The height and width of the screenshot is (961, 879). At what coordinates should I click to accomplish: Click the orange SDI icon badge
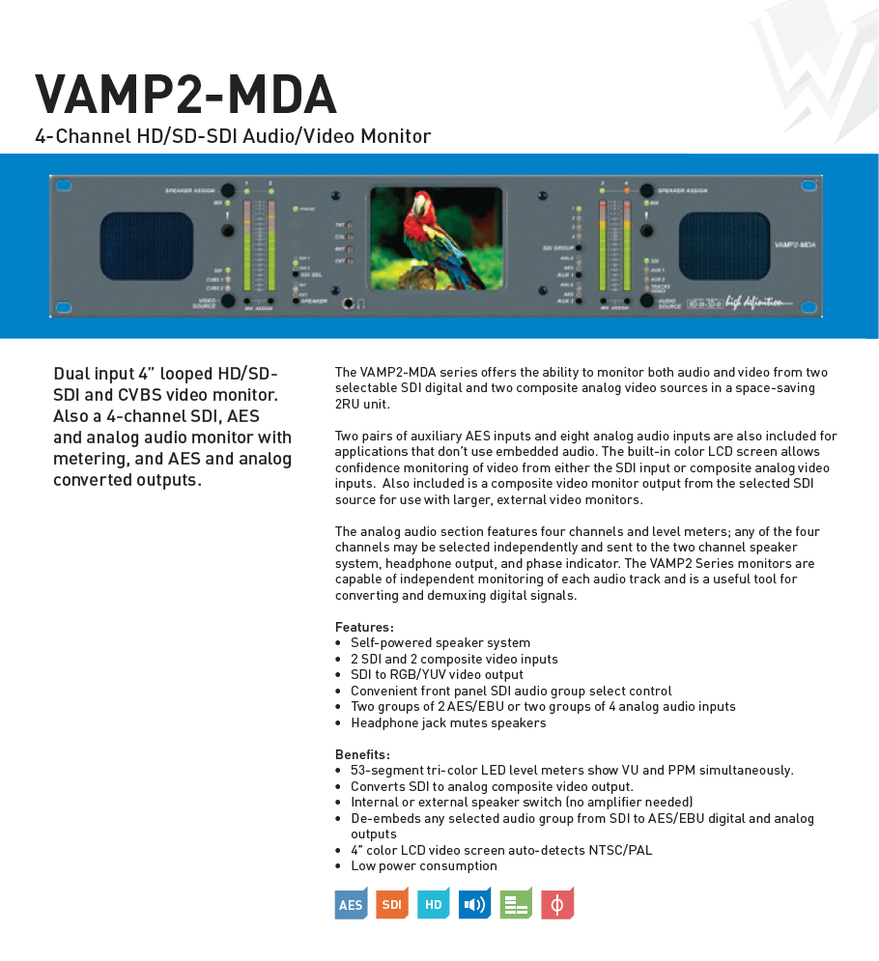pyautogui.click(x=391, y=904)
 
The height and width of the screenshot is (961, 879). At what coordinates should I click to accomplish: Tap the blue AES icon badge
pyautogui.click(x=351, y=904)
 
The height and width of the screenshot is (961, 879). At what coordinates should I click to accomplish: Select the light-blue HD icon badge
pyautogui.click(x=434, y=904)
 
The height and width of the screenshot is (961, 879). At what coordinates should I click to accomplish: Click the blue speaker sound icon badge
pyautogui.click(x=474, y=904)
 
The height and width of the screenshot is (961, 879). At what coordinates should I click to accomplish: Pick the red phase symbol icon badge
pyautogui.click(x=557, y=904)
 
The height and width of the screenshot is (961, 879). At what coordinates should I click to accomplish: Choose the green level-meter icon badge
pyautogui.click(x=516, y=904)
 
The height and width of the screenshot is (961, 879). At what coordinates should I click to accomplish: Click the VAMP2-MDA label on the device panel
pyautogui.click(x=796, y=245)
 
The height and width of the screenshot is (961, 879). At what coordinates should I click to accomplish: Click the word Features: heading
pyautogui.click(x=364, y=627)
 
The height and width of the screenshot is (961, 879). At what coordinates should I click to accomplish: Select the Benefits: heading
pyautogui.click(x=362, y=754)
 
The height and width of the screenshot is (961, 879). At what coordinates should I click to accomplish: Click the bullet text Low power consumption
pyautogui.click(x=423, y=865)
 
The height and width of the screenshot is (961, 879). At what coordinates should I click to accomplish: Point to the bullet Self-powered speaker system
pyautogui.click(x=439, y=642)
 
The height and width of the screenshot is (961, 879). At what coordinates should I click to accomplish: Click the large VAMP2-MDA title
pyautogui.click(x=185, y=95)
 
